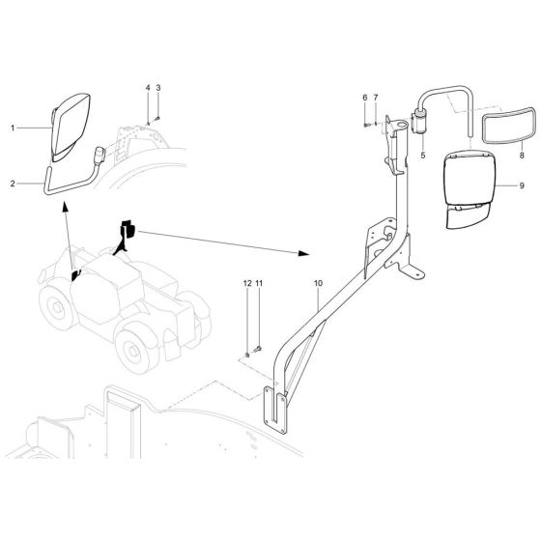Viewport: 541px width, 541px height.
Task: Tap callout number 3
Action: pyautogui.click(x=157, y=89)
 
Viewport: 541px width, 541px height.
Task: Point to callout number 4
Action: pyautogui.click(x=148, y=89)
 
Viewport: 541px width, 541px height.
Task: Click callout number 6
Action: pyautogui.click(x=366, y=98)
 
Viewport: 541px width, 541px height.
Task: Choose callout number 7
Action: pyautogui.click(x=375, y=98)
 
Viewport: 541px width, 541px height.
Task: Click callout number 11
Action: pyautogui.click(x=259, y=284)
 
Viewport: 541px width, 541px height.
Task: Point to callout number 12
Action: pyautogui.click(x=246, y=284)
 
